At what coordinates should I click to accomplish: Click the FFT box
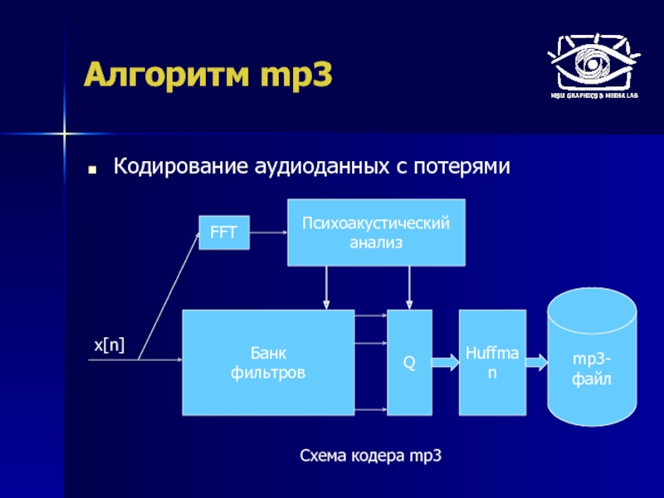pos(223,233)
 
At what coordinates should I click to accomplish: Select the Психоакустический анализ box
pos(376,232)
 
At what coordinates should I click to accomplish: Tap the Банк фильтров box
pos(267,363)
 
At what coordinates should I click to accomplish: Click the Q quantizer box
pos(409,363)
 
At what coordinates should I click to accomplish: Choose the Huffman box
pos(492,363)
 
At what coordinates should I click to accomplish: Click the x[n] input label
pos(108,346)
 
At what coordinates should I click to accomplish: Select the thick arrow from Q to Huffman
pos(446,363)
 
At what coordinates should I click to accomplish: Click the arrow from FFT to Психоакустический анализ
pos(267,233)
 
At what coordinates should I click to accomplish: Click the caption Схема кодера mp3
pos(369,456)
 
